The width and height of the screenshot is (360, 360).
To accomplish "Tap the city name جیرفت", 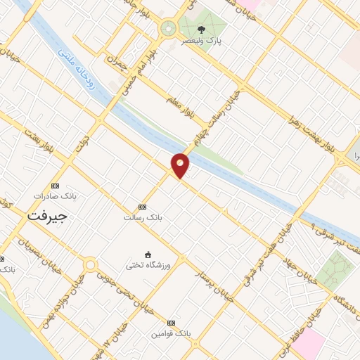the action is pyautogui.click(x=46, y=217).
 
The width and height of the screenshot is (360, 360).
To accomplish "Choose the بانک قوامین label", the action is pyautogui.click(x=169, y=333).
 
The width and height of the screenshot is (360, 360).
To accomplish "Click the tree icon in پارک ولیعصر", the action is pyautogui.click(x=202, y=30).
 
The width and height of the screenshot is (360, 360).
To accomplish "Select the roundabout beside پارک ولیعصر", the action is pyautogui.click(x=168, y=29).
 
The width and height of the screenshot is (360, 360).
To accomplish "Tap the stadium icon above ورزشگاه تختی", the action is pyautogui.click(x=148, y=254).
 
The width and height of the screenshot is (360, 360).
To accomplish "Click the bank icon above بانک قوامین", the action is pyautogui.click(x=169, y=322).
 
